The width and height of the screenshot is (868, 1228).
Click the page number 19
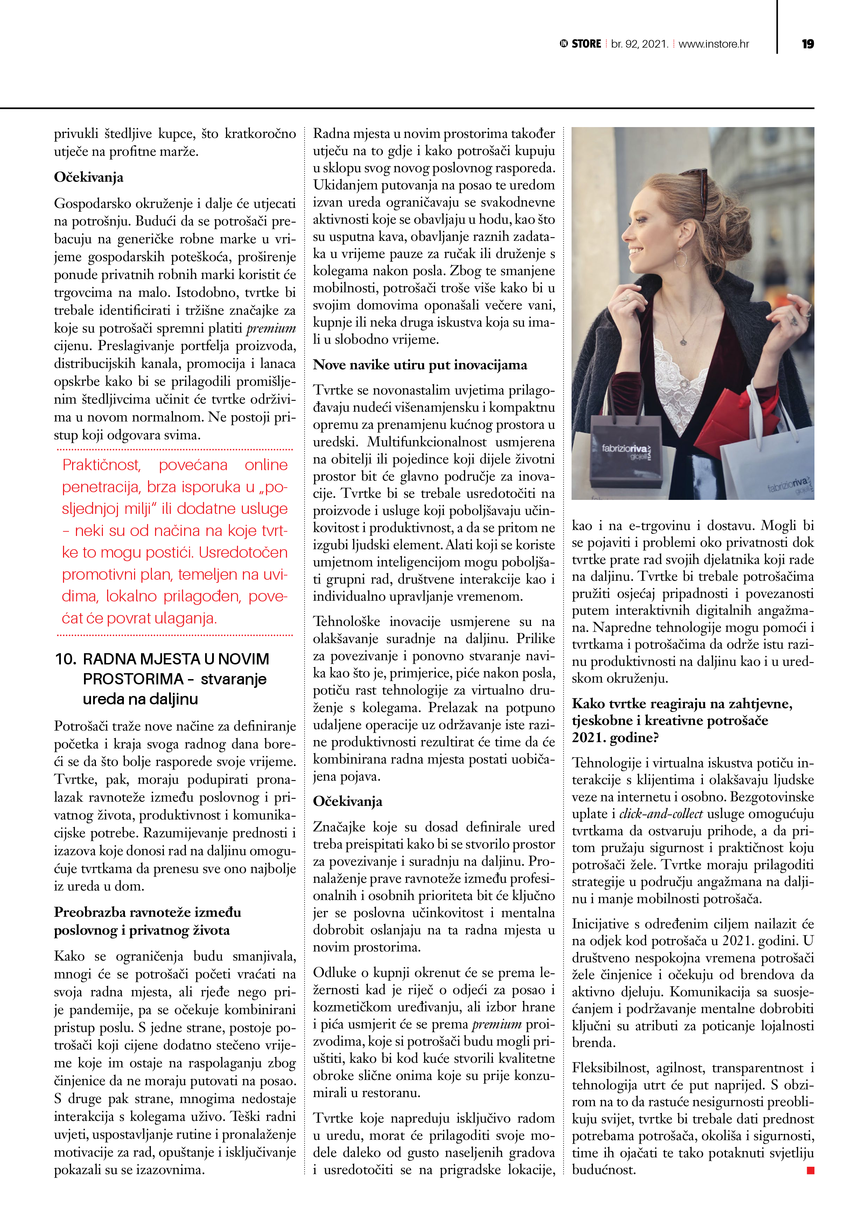[x=807, y=44]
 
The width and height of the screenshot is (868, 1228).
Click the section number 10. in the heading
[x=66, y=659]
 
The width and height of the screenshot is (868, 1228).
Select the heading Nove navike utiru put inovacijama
[x=420, y=365]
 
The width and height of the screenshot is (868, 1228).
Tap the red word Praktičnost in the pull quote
[x=101, y=465]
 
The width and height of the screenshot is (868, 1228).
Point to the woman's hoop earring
[x=680, y=258]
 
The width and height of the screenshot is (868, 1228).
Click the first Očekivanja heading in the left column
[x=89, y=177]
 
